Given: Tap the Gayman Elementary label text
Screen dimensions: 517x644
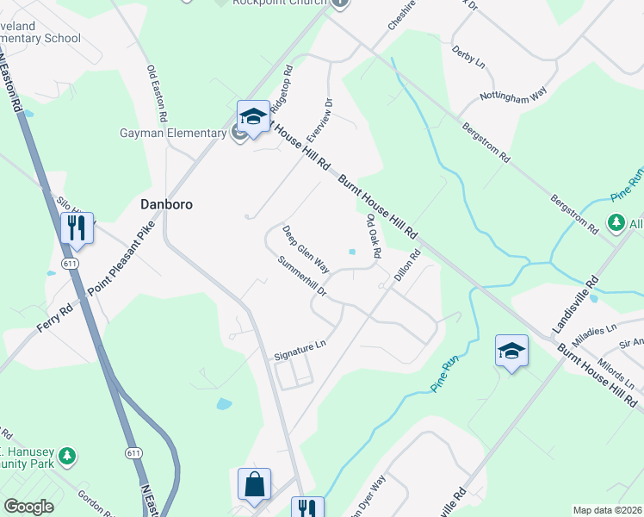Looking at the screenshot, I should point(172,133).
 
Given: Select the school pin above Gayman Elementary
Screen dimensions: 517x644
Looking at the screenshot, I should point(253,115).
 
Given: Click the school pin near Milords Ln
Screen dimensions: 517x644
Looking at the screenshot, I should point(511,350).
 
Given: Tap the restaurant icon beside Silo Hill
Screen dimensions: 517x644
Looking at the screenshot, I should point(76,227).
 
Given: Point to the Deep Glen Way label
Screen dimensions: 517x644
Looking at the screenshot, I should point(306,246).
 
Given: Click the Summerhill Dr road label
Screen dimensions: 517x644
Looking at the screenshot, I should point(302,277).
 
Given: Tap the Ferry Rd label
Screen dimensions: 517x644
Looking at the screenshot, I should point(53,318).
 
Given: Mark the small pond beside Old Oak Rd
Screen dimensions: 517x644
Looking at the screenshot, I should point(351,252).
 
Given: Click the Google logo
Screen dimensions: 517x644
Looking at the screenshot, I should point(28,507).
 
